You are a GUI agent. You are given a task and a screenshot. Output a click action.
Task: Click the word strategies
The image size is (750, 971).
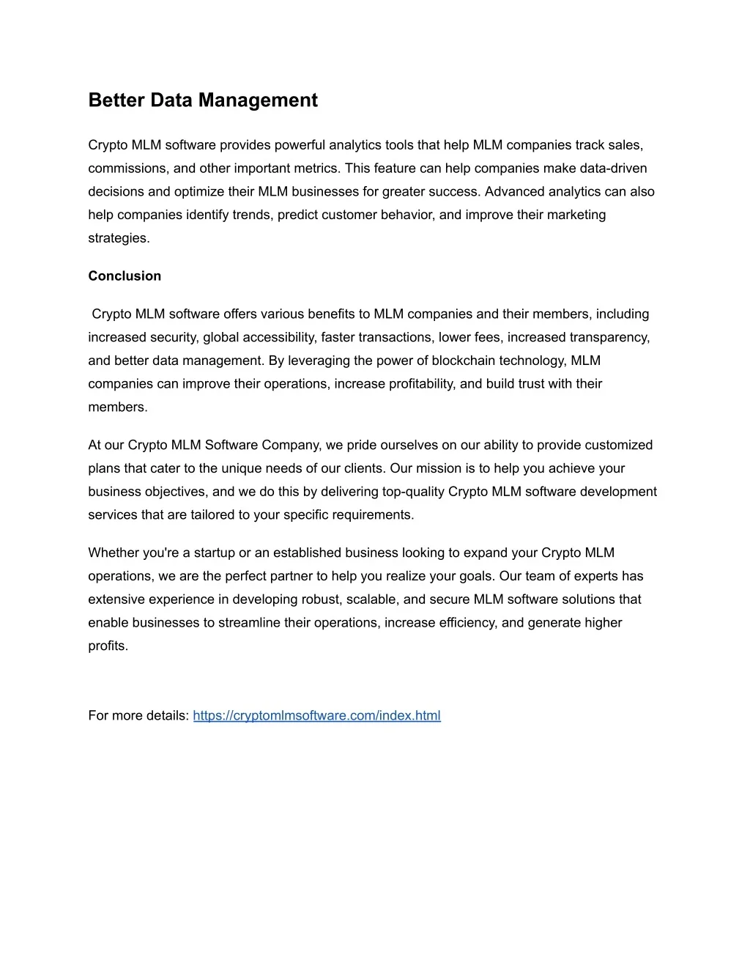point(119,238)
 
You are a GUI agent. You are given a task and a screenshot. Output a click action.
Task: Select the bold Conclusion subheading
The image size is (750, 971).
point(125,276)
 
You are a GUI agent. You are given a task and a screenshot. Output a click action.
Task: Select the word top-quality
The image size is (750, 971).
point(409,492)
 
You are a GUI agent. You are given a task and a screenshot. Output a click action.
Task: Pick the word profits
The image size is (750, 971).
point(108,646)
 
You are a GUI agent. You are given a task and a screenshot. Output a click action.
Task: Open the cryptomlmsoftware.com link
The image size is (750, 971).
point(316,716)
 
